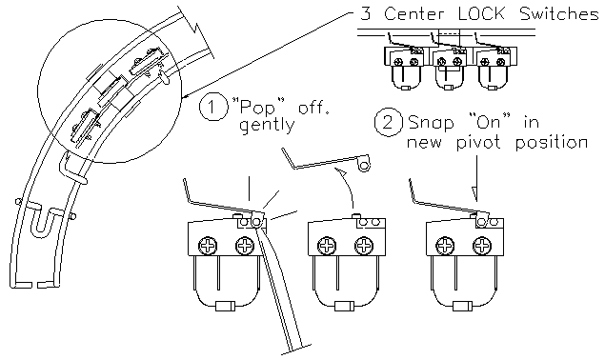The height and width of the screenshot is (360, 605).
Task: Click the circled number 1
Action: [212, 108]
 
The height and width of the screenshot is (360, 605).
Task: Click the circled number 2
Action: [388, 122]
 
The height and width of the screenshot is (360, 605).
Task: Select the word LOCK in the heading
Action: [481, 14]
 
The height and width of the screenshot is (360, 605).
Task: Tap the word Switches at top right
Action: [558, 14]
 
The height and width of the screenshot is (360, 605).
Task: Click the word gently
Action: [267, 126]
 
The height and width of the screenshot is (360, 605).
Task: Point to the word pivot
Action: [480, 143]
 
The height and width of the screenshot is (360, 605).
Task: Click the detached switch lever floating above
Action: [327, 161]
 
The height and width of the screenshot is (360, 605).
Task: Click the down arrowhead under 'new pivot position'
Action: [475, 193]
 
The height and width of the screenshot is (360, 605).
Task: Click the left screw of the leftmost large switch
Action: [208, 246]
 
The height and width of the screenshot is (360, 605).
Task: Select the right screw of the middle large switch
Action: [363, 246]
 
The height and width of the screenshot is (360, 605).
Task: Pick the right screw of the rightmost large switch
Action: [481, 246]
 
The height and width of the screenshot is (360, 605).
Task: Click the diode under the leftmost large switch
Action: [225, 306]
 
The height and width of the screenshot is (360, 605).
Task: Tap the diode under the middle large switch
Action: [344, 306]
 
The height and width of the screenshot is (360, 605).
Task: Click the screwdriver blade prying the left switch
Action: [278, 286]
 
